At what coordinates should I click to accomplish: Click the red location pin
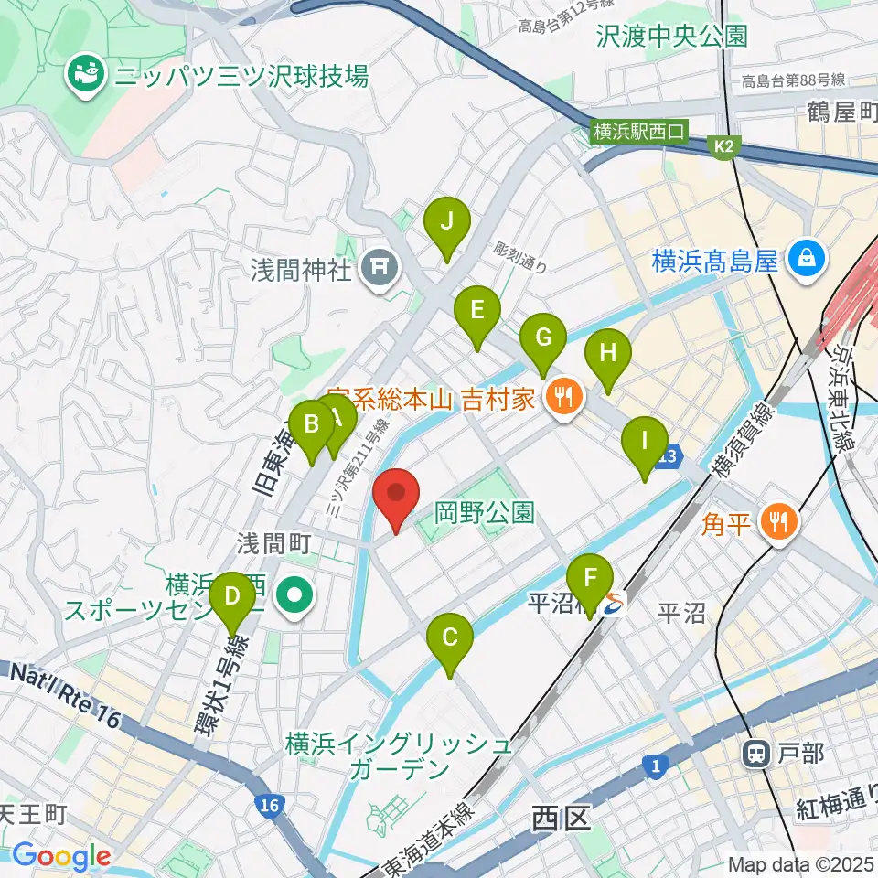click(x=396, y=494)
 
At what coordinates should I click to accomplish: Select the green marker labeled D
click(x=232, y=600)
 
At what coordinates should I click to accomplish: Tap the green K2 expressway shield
click(x=723, y=145)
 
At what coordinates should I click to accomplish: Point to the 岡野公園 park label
click(x=484, y=511)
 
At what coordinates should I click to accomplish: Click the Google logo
click(x=61, y=857)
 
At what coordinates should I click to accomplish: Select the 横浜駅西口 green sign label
click(x=638, y=132)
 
